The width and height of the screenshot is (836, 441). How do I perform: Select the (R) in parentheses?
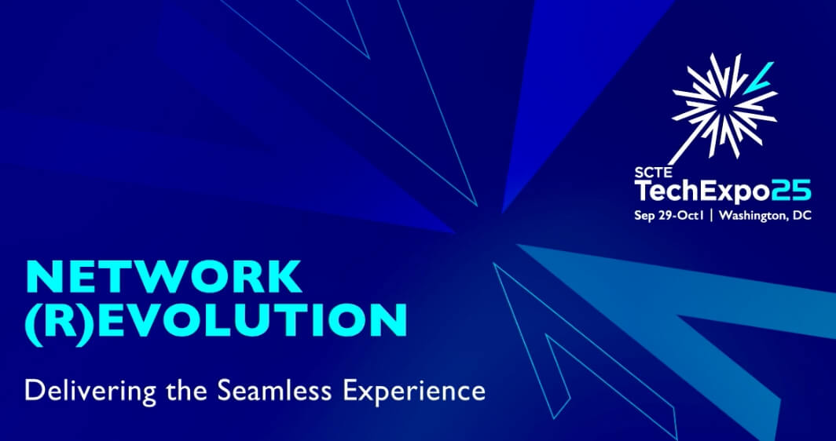click(60, 323)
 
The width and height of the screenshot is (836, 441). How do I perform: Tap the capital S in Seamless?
click(224, 392)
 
